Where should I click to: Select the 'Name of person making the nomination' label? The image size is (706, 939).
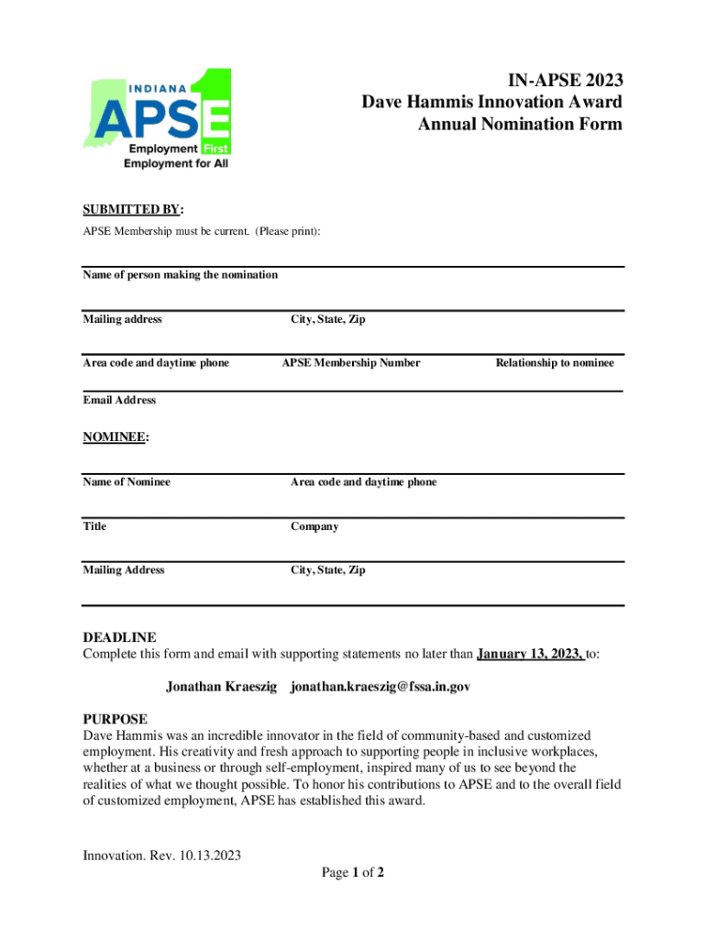pos(180,275)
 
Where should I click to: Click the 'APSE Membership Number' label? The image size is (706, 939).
pos(350,363)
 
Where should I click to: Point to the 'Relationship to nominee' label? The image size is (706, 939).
pos(555,363)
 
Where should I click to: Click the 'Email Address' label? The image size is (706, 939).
pos(119,400)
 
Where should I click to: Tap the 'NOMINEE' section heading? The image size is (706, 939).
pos(115,437)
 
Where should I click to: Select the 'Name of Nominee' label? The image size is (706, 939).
pos(127,482)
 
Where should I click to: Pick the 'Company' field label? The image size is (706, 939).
pos(314,526)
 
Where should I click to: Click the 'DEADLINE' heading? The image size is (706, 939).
pos(119,637)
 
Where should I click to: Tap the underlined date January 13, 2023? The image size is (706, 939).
pos(530,655)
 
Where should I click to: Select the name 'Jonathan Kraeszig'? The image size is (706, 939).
pos(221,687)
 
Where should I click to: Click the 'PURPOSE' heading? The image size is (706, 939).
pos(115,719)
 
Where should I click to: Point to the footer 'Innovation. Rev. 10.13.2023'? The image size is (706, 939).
pos(161,856)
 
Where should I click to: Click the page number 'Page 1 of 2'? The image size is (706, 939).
pos(352,873)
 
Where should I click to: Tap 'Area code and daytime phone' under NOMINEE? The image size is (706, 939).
pos(363,482)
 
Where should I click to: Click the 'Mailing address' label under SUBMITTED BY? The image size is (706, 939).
pos(122,319)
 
